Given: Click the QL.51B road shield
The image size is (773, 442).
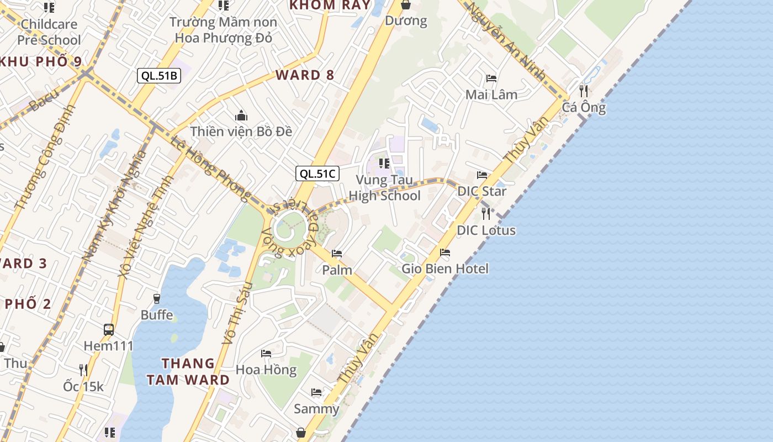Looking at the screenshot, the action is pos(159,76).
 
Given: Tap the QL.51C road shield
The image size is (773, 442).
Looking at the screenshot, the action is pos(317,173).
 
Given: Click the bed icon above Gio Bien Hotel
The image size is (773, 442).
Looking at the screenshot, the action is pos(445,252).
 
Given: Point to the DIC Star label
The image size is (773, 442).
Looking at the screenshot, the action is pos(482,191).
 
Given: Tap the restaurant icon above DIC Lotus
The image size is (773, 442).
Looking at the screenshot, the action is pos(486,213).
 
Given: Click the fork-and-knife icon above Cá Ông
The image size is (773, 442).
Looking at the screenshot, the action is pos(584,91).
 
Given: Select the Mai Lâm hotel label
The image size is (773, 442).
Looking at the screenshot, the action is pos(491,94).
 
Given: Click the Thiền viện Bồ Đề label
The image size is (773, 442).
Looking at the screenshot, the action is pos(241,131).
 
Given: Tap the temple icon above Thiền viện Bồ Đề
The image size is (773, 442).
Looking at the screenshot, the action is pos(241,115).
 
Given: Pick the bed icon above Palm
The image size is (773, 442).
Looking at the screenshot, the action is pos(337,254).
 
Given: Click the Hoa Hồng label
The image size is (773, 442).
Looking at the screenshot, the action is pos(266,370).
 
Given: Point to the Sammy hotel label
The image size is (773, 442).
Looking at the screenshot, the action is pos(316,409).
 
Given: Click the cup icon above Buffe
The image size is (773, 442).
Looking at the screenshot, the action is pos(157,298).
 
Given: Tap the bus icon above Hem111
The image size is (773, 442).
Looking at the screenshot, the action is pos(109,330).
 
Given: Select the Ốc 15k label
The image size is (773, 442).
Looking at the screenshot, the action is pos(83,386).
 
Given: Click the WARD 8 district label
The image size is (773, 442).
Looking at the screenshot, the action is pos(305,75).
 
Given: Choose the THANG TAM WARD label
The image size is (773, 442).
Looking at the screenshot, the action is pos(195,371).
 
